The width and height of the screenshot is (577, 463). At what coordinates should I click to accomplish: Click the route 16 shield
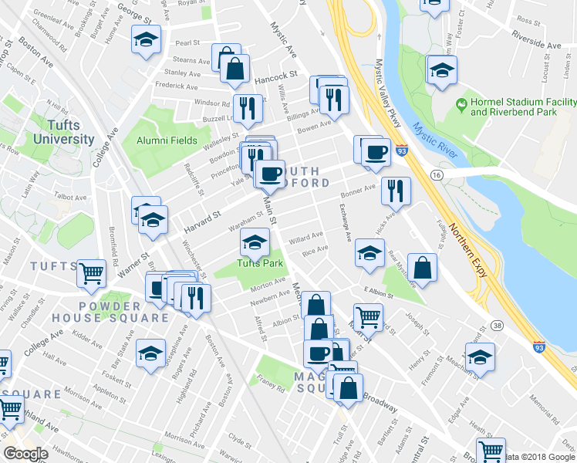click(x=437, y=176)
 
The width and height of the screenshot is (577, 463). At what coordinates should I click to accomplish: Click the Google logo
click(x=25, y=454)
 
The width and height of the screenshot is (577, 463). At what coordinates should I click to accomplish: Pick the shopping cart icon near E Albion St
click(x=369, y=316)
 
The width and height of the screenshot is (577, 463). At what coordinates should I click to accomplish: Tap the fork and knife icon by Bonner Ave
click(x=396, y=190)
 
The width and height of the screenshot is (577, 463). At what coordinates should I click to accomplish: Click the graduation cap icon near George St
click(x=144, y=40)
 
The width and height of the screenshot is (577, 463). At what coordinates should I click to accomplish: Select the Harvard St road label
click(x=202, y=223)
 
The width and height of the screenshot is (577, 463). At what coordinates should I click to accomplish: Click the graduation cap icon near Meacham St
click(x=480, y=357)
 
